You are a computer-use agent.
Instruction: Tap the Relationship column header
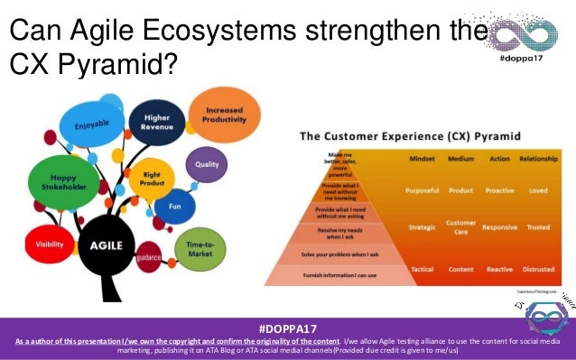537,160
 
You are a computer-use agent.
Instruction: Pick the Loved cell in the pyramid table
537,190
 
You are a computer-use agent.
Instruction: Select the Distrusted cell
537,269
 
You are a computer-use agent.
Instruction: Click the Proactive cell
499,190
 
